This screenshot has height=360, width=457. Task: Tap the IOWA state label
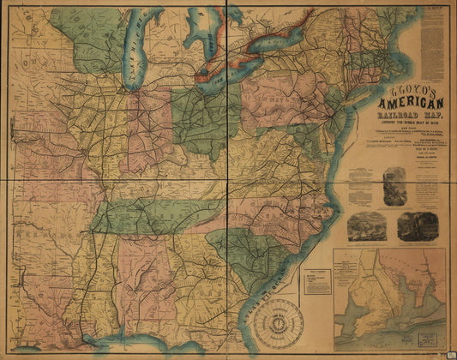tap(34, 64)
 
